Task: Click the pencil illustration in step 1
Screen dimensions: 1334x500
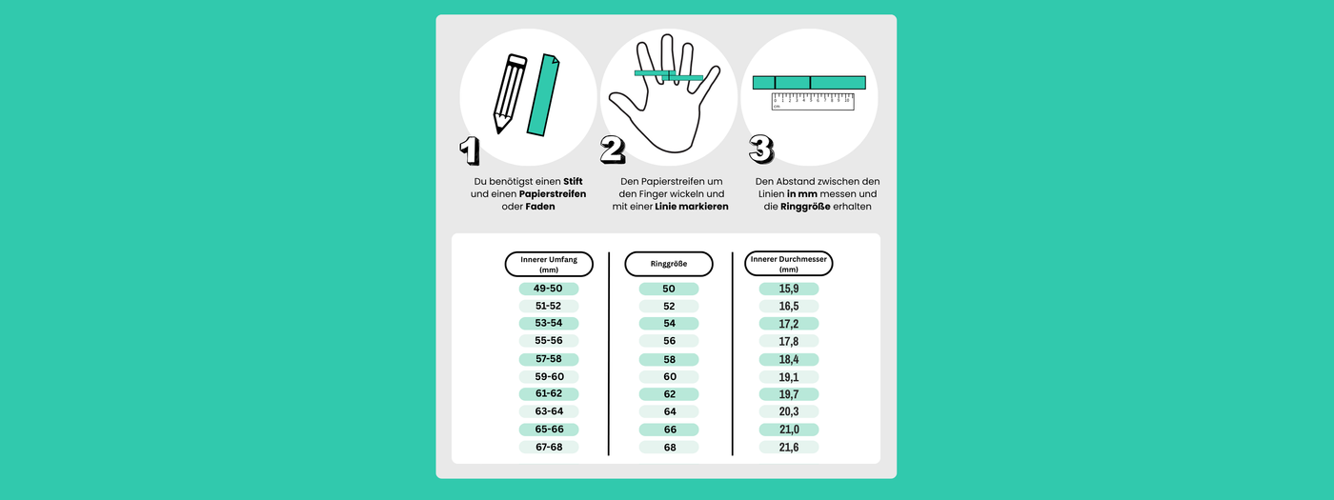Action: [x=510, y=93]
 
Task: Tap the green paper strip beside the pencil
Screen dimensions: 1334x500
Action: [x=543, y=95]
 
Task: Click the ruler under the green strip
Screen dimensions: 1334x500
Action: [x=813, y=102]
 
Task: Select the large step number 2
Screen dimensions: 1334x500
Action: [x=612, y=150]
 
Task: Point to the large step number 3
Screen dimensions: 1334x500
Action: [x=761, y=150]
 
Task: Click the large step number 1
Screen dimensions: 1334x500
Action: [x=470, y=151]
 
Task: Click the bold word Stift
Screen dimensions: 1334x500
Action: [x=573, y=182]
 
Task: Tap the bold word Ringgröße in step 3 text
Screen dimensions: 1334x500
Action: [x=805, y=207]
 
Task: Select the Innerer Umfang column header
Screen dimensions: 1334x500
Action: [x=549, y=265]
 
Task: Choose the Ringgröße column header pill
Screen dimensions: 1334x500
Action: [x=669, y=265]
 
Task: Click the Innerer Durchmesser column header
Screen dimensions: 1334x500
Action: [x=789, y=264]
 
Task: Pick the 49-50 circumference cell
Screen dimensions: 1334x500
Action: [x=549, y=289]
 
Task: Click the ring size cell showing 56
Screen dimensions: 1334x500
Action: [x=669, y=341]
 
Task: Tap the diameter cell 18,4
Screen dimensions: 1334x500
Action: [x=789, y=360]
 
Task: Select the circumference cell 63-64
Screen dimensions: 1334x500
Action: [x=549, y=411]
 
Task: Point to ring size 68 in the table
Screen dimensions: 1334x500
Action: [x=669, y=447]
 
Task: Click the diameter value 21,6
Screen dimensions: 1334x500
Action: [x=789, y=447]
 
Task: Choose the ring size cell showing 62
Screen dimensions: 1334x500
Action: [x=669, y=394]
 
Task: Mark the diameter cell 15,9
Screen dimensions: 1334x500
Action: [x=789, y=289]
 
